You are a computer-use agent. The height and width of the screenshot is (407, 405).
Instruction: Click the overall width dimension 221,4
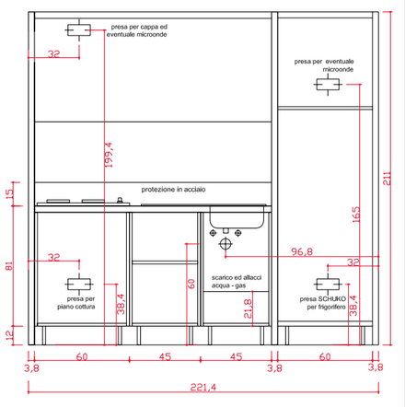(x=202, y=387)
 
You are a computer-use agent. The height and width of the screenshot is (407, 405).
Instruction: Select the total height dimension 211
(x=387, y=179)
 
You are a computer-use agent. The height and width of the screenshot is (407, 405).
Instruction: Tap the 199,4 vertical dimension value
(x=109, y=155)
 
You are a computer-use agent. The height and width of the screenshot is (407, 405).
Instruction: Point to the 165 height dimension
(x=355, y=215)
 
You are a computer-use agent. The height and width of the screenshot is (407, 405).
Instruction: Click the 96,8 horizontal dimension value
(x=302, y=251)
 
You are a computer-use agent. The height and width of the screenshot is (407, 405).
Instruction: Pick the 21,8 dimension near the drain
(x=248, y=308)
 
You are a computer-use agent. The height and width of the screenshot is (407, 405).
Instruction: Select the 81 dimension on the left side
(x=9, y=266)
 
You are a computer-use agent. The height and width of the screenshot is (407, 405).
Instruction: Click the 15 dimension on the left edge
(x=9, y=193)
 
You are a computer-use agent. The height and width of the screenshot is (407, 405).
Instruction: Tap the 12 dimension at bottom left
(x=9, y=335)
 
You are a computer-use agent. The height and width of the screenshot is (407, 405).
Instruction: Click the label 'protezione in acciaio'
(x=173, y=190)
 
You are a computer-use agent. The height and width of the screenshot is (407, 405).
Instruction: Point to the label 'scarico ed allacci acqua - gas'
(x=237, y=282)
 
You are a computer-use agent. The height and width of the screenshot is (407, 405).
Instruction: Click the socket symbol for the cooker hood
(x=79, y=30)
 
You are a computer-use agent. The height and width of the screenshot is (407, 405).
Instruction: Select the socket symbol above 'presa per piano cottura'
(x=79, y=285)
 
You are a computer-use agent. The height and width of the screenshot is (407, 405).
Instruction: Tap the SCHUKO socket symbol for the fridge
(x=328, y=285)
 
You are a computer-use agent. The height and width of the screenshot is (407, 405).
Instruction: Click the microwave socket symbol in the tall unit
(x=328, y=84)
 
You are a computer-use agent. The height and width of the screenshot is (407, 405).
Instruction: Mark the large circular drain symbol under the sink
(x=226, y=244)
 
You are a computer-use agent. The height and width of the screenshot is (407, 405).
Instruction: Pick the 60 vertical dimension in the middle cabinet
(x=191, y=284)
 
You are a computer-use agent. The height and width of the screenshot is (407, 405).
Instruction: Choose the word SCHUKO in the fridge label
(x=332, y=298)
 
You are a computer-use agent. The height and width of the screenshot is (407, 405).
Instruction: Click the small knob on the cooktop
(x=120, y=200)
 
